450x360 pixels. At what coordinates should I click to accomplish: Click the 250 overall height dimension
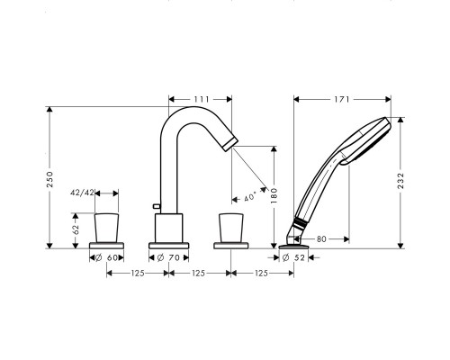[49, 179]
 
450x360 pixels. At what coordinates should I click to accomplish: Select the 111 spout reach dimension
[202, 99]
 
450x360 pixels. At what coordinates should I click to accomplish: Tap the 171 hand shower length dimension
[342, 99]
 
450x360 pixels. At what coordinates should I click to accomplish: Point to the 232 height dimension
[400, 181]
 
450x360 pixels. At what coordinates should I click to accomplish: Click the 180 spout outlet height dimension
[274, 196]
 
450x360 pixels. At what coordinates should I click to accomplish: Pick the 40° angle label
[250, 196]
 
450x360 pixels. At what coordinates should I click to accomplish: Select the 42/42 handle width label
[82, 193]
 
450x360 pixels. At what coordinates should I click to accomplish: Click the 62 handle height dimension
[76, 229]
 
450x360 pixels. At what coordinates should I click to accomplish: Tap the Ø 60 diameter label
[106, 257]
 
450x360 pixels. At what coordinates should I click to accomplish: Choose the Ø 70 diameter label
[168, 257]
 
